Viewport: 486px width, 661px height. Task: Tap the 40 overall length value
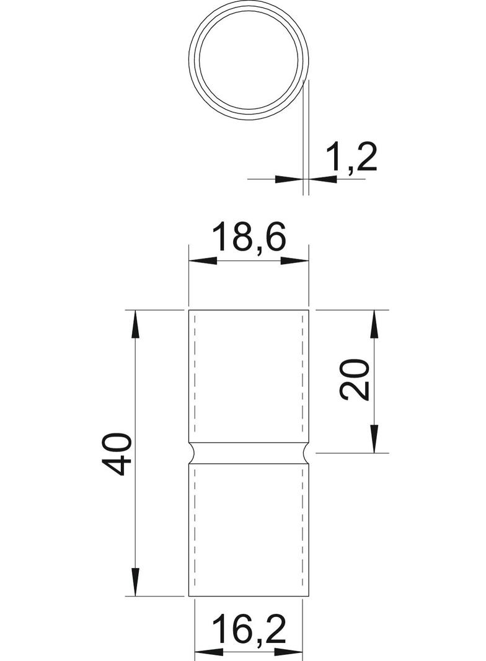coord(117,454)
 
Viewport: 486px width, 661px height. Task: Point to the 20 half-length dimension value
coord(356,379)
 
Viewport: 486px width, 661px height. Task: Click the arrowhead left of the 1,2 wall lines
coord(289,179)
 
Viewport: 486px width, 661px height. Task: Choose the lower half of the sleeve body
coord(249,530)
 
